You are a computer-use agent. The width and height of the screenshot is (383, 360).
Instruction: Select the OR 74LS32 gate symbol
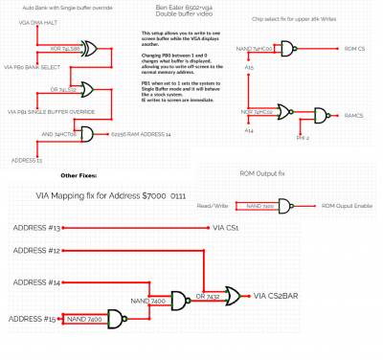pos(88,86)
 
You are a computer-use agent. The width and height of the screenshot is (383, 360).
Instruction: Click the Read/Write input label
pos(214,207)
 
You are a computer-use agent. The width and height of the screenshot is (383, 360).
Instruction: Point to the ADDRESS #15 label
pos(34,317)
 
